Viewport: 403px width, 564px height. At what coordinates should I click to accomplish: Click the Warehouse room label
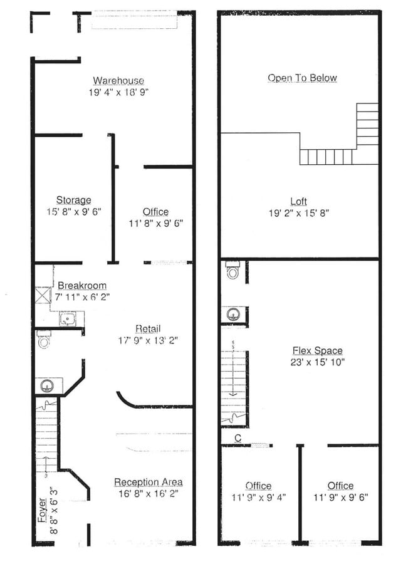(x=118, y=80)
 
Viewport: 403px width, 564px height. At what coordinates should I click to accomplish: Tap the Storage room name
(x=73, y=200)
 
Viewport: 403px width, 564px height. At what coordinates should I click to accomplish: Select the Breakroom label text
(x=82, y=285)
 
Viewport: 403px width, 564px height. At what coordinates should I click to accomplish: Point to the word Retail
(x=148, y=329)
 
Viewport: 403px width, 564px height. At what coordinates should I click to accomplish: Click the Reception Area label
(x=148, y=482)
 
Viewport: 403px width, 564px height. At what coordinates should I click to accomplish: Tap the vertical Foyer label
(x=42, y=510)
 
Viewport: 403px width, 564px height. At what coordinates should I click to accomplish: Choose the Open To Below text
(x=302, y=78)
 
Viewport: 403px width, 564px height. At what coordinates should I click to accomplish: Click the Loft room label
(x=298, y=201)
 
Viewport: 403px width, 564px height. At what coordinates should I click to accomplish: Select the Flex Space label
(x=317, y=350)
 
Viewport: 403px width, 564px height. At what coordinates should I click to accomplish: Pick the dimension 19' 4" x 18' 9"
(x=118, y=92)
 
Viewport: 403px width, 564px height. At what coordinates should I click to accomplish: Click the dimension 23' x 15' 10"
(x=317, y=362)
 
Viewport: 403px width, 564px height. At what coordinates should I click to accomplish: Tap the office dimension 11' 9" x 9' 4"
(x=258, y=498)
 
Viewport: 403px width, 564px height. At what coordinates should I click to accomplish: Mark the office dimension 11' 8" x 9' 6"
(x=155, y=223)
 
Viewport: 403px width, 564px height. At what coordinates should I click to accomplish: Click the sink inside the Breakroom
(x=66, y=318)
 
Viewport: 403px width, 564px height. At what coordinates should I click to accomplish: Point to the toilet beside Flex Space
(x=233, y=270)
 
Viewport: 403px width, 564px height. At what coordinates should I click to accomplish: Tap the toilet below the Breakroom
(x=44, y=340)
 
